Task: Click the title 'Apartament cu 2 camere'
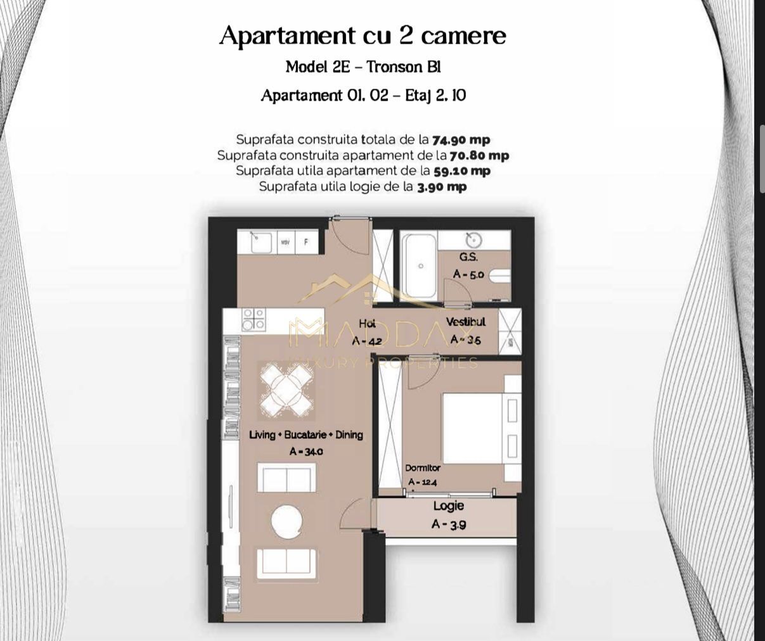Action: pyautogui.click(x=363, y=35)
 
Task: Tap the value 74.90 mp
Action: pyautogui.click(x=461, y=140)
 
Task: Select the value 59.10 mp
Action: pyautogui.click(x=461, y=171)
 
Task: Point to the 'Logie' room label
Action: pyautogui.click(x=449, y=506)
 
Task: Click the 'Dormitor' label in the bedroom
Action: pyautogui.click(x=423, y=468)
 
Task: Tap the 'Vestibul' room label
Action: pyautogui.click(x=465, y=322)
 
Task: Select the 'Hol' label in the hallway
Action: pyautogui.click(x=367, y=324)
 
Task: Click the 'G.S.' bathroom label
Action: pyautogui.click(x=468, y=257)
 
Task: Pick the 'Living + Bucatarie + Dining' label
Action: pyautogui.click(x=306, y=435)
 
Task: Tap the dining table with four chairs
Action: pyautogui.click(x=286, y=391)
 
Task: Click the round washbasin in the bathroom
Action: pyautogui.click(x=473, y=240)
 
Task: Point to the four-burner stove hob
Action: pyautogui.click(x=254, y=319)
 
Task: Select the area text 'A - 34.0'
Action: pyautogui.click(x=306, y=452)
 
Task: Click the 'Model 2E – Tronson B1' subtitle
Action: pyautogui.click(x=363, y=67)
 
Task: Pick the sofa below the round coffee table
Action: pyautogui.click(x=286, y=561)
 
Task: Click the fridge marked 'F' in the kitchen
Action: pyautogui.click(x=306, y=242)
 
